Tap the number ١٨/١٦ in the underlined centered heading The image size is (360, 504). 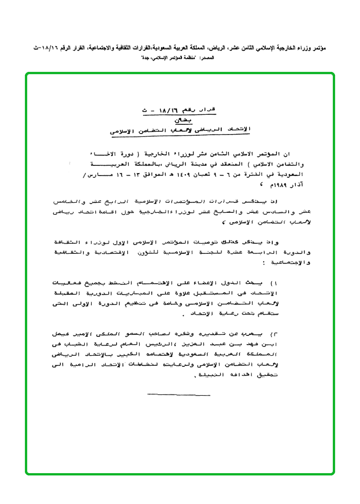[170, 111]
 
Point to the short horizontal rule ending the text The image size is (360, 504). [179, 394]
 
